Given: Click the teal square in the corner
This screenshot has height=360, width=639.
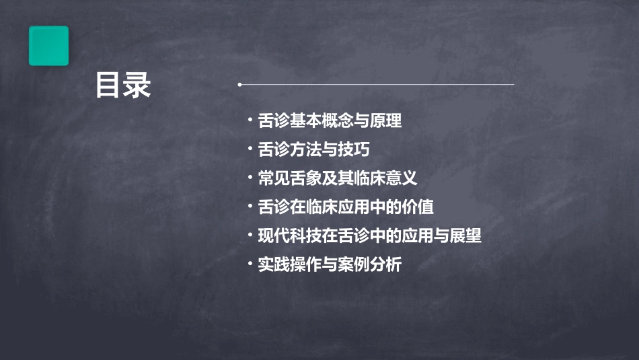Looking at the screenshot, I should pos(48,46).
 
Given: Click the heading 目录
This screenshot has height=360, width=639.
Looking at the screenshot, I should pos(122,85).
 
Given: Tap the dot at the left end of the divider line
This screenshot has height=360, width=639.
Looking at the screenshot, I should pos(240,85).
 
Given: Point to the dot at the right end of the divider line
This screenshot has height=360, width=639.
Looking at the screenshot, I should pos(514,85).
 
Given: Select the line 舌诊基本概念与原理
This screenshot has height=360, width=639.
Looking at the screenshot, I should pos(330,121).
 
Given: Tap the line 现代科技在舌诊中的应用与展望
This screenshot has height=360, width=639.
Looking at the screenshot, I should pos(370,236).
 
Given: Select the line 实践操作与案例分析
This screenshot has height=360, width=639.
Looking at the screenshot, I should pos(330,264).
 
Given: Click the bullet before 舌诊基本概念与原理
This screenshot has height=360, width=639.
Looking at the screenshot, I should pos(250,121).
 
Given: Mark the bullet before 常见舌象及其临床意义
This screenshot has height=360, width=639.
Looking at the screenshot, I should pos(250,178).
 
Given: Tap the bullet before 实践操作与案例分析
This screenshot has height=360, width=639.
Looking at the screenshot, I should pos(250,264).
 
